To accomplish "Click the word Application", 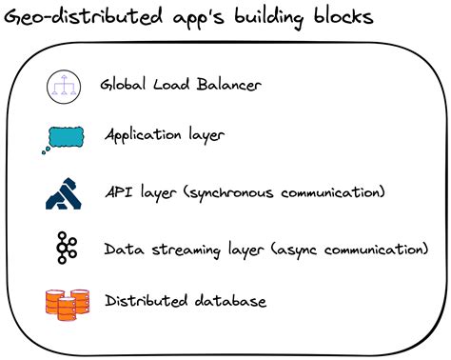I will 144,135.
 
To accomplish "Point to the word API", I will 119,192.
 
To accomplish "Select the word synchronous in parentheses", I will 237,193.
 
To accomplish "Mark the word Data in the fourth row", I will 121,249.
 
